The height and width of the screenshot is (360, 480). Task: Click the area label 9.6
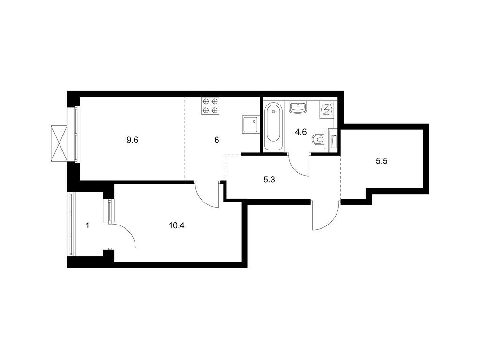tap(133, 140)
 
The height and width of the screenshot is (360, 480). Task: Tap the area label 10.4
tap(176, 226)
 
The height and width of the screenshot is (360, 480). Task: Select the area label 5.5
tap(382, 161)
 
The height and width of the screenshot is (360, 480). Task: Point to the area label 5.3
tap(269, 180)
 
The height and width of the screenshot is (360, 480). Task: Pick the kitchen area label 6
tap(217, 140)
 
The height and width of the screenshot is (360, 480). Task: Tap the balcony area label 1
tap(88, 226)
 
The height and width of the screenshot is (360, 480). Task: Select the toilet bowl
tap(319, 140)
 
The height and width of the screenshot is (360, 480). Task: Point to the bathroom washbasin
tap(297, 107)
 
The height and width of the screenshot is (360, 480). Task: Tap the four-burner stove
tap(210, 106)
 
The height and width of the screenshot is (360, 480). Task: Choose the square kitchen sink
tap(251, 124)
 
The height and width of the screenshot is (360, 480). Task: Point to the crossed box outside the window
tap(59, 143)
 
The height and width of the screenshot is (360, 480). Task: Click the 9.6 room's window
tap(77, 134)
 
